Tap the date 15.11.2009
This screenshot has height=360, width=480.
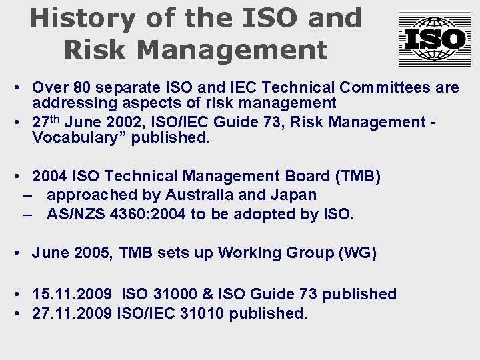point(70,294)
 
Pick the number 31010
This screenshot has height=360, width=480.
point(202,313)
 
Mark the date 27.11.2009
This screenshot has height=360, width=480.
point(71,313)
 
